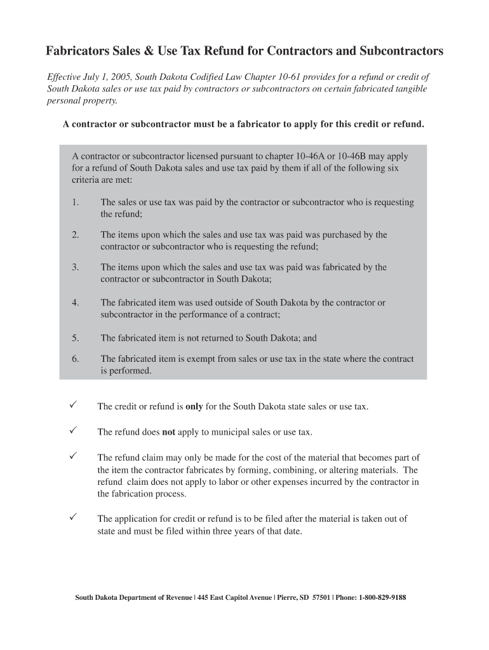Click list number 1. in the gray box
[76, 202]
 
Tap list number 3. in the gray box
[76, 267]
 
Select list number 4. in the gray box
[76, 303]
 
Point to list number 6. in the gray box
[76, 359]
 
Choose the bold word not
[168, 432]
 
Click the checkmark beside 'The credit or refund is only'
[74, 405]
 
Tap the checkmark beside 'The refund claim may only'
[74, 456]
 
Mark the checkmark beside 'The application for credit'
[74, 518]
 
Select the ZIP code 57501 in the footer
[316, 597]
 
